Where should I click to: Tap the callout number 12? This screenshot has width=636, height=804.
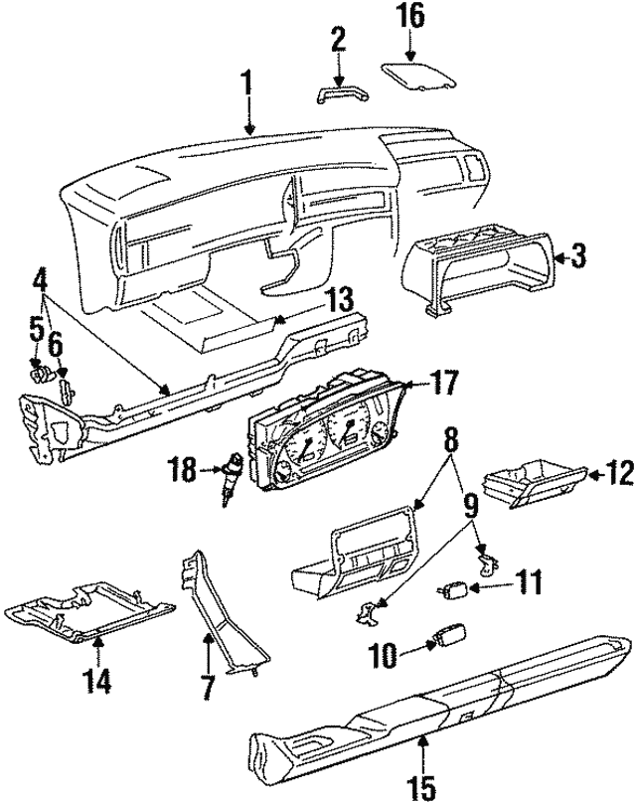618,476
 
